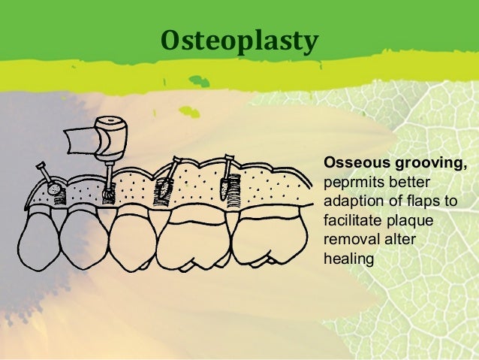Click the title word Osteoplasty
[239, 42]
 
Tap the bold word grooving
[426, 162]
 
